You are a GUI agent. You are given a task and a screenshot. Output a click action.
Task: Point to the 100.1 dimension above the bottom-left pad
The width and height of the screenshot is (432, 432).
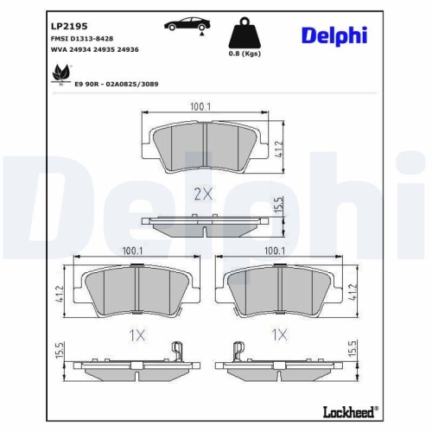point(132,251)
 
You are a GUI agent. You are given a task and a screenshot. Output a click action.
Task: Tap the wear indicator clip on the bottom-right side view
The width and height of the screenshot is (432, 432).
point(236,349)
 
